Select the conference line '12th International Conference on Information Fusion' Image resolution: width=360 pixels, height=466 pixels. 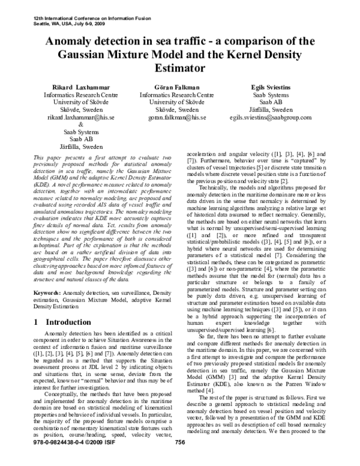tap(81, 10)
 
